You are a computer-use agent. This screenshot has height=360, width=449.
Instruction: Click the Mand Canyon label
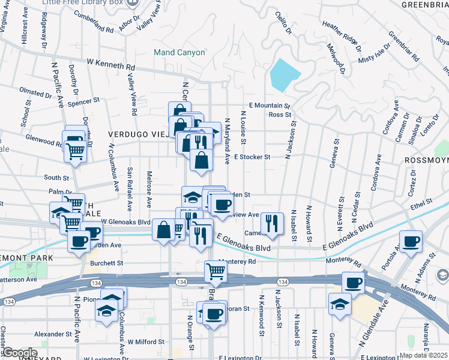coord(179,52)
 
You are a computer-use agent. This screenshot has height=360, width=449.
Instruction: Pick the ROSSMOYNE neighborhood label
coord(426,160)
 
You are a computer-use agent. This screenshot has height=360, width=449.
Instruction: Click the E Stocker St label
coord(253,157)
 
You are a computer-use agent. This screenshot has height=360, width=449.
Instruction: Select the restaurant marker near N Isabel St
coord(273,223)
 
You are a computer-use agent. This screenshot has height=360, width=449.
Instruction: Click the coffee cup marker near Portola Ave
coord(411,241)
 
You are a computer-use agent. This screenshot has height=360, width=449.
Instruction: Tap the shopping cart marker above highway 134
coord(216,271)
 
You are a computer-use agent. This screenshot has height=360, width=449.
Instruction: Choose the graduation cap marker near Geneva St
coord(340,304)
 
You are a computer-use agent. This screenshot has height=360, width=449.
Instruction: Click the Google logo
coord(19,353)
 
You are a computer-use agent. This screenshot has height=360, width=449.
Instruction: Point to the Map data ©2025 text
coord(424,355)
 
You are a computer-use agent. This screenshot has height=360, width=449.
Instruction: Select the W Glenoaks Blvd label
coord(125,221)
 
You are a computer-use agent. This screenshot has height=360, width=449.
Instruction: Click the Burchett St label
coord(106,263)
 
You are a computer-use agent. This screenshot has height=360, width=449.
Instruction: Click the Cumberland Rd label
coord(94,24)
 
